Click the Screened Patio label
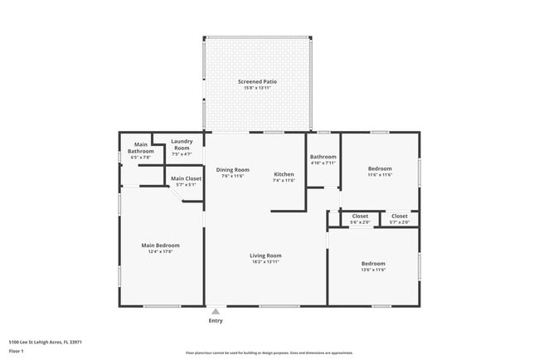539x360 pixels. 257,81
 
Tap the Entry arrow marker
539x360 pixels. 216,311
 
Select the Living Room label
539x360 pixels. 266,255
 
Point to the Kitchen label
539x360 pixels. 284,173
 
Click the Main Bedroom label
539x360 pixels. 160,245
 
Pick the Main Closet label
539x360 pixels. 186,178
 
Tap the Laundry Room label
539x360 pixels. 182,144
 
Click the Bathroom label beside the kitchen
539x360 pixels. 323,157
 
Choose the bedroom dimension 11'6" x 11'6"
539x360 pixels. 380,174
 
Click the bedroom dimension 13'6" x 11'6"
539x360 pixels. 373,270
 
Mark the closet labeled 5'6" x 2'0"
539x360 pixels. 360,222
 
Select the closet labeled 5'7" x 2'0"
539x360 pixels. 400,222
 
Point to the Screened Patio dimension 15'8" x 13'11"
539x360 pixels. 257,88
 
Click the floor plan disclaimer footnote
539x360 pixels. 269,353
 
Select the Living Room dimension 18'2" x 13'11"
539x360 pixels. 266,262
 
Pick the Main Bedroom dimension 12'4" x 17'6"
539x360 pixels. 160,251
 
